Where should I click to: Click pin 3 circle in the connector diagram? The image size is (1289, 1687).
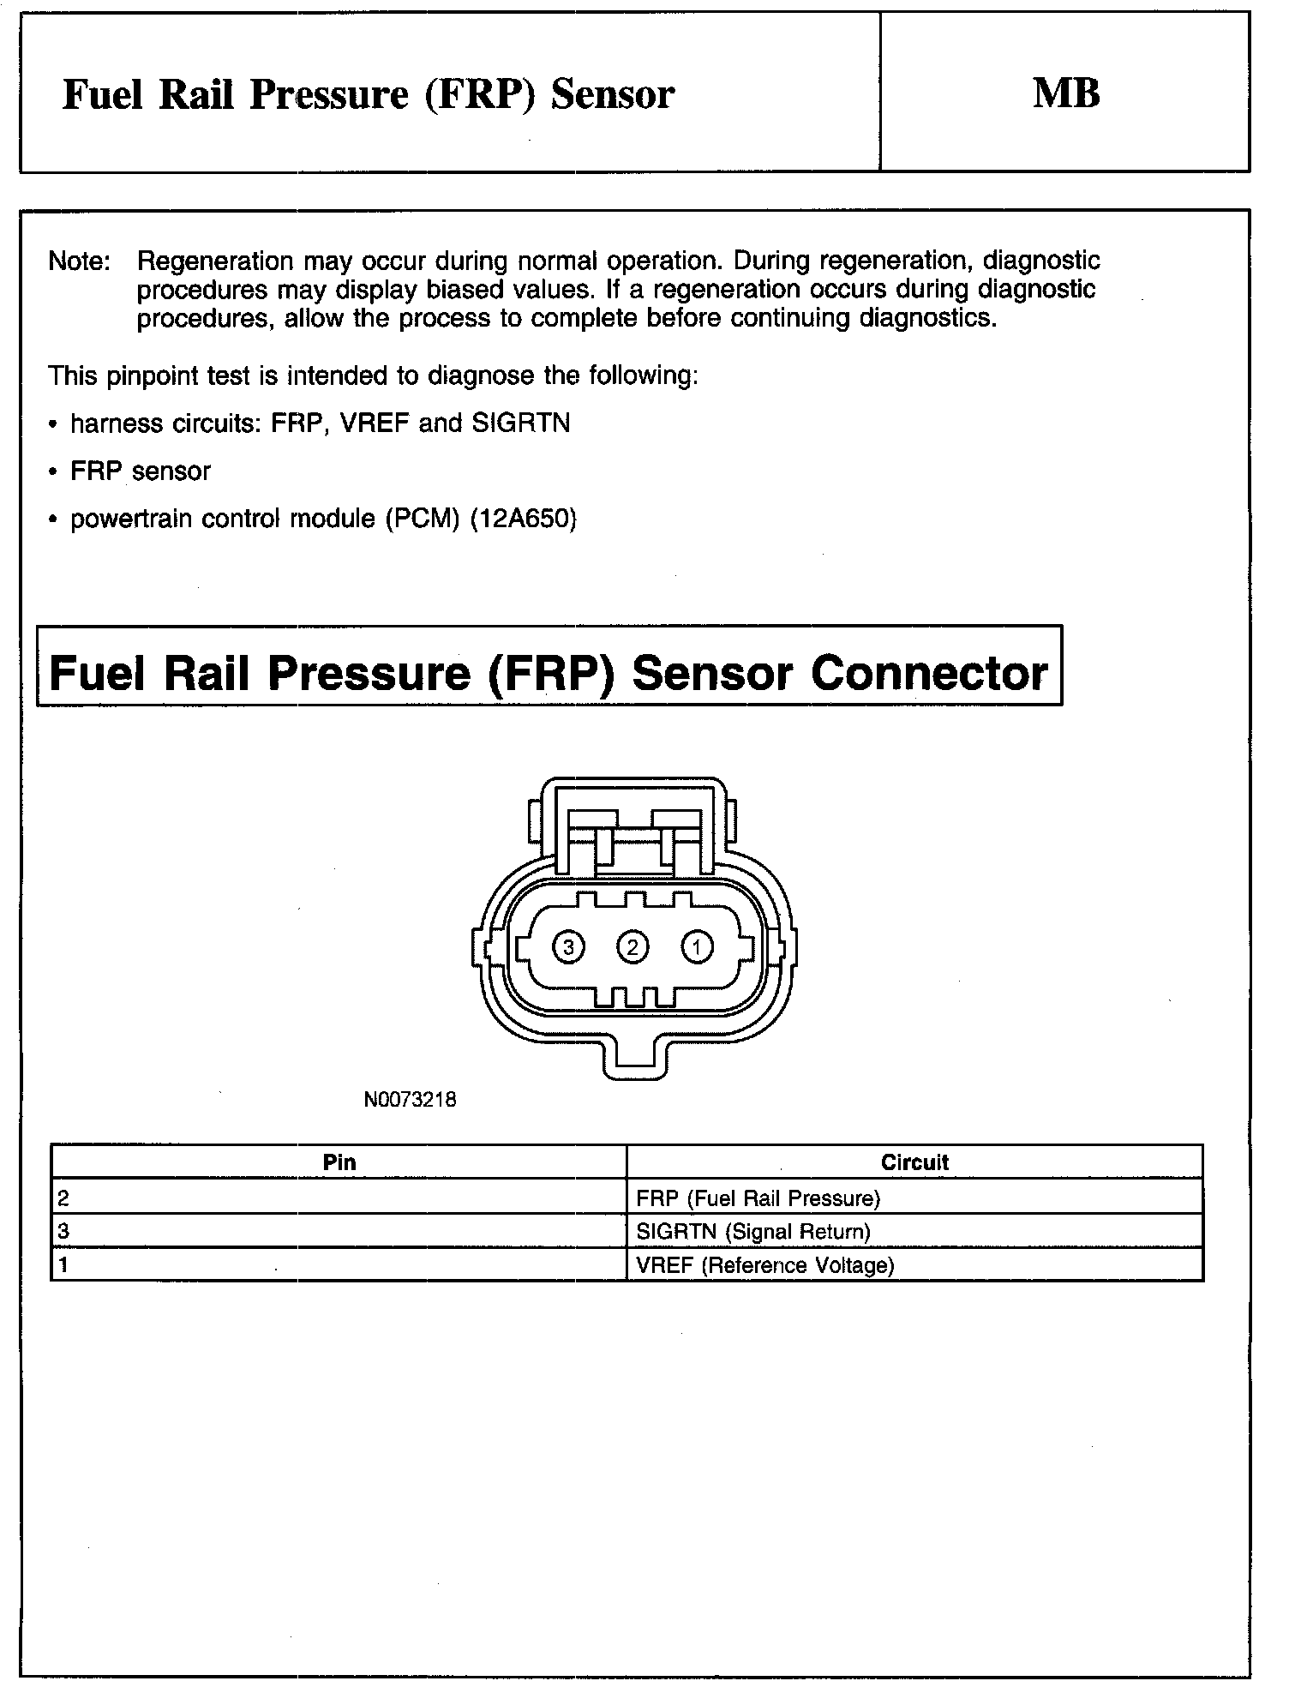pos(568,947)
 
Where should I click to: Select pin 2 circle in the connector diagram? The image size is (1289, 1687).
pos(633,947)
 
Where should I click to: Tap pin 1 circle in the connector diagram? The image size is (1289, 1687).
pos(697,947)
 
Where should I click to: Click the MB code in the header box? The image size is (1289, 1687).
pos(1066,93)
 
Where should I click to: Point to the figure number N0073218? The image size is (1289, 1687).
pos(410,1100)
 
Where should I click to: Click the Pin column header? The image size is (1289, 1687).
pos(339,1162)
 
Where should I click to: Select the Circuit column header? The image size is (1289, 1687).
pos(914,1162)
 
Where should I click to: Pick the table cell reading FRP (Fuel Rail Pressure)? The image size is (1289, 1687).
pos(758,1198)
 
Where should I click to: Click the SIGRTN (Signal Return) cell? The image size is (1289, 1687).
pos(753,1232)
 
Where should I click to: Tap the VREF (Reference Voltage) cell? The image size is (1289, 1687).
pos(765,1265)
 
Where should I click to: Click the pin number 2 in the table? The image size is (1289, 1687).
pos(63,1198)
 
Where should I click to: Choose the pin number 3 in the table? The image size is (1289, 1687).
pos(63,1232)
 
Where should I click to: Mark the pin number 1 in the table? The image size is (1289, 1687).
pos(63,1265)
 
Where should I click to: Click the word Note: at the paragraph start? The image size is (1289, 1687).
pos(80,261)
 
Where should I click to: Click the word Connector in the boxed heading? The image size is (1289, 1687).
pos(929,673)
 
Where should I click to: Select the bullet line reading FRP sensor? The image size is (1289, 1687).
pos(140,471)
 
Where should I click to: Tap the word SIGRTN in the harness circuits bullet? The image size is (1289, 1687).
pos(520,423)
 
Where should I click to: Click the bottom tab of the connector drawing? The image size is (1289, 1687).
pos(633,1059)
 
